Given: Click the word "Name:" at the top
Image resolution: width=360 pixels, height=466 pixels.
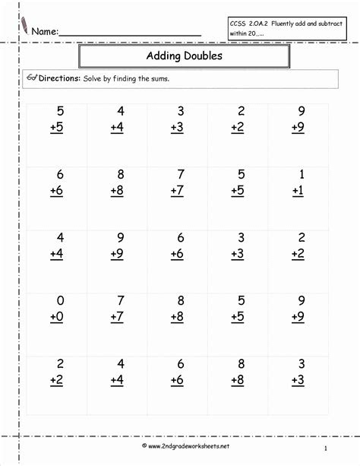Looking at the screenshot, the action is coord(44,32).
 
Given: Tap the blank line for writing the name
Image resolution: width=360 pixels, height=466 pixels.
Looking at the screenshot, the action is coord(129,36).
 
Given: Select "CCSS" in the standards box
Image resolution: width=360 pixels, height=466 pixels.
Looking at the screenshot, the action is coord(238,24).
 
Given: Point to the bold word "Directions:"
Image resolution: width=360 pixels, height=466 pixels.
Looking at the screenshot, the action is coord(59,78).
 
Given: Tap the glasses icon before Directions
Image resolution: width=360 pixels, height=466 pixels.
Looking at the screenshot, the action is coord(32,78).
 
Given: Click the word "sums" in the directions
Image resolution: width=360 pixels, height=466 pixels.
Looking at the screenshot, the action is coord(158,78).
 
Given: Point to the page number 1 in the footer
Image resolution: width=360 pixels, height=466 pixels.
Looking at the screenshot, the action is coord(325,449).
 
